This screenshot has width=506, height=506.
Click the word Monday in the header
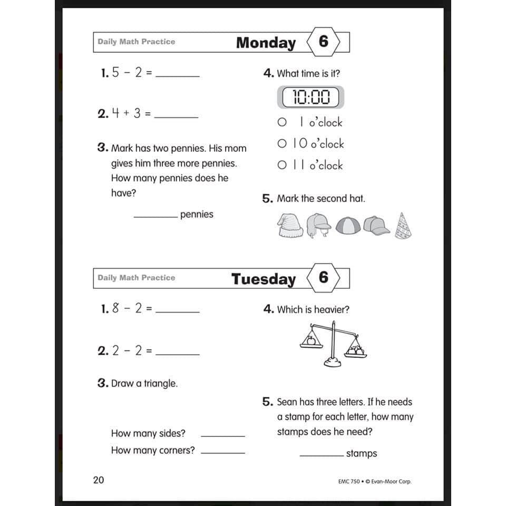266,43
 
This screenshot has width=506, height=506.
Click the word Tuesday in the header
264,279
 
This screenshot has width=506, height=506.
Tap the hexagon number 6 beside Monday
323,42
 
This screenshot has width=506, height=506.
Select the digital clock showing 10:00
310,97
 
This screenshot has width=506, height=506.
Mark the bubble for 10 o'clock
282,144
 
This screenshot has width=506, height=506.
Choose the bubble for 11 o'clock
282,166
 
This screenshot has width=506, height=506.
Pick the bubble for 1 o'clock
282,122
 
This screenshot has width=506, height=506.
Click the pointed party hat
403,226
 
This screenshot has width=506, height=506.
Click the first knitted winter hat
290,226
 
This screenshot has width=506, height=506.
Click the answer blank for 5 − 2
178,76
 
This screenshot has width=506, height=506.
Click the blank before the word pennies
155,216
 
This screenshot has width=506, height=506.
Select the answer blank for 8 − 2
178,312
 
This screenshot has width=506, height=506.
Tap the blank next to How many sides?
223,435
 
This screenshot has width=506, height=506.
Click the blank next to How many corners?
223,452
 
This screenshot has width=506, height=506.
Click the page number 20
99,480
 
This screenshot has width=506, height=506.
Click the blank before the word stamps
322,455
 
